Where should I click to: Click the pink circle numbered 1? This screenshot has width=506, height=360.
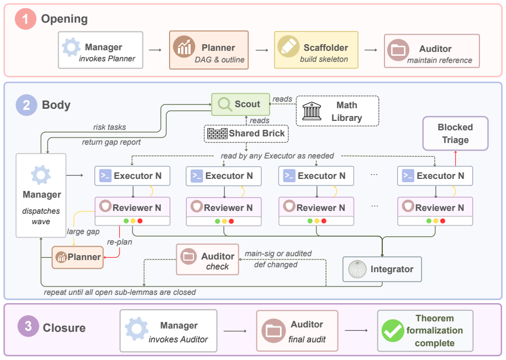pyautogui.click(x=25, y=19)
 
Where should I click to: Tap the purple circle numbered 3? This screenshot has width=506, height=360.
pyautogui.click(x=28, y=326)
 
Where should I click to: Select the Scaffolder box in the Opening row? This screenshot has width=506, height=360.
pyautogui.click(x=316, y=50)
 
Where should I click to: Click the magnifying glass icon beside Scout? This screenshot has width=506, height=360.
pyautogui.click(x=225, y=104)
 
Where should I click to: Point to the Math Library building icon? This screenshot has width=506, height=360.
pyautogui.click(x=312, y=111)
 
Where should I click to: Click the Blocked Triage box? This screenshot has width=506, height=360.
pyautogui.click(x=455, y=133)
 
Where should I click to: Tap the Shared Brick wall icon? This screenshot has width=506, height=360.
pyautogui.click(x=217, y=134)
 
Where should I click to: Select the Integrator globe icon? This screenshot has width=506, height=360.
pyautogui.click(x=357, y=269)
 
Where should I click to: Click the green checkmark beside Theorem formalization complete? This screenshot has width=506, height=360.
pyautogui.click(x=393, y=331)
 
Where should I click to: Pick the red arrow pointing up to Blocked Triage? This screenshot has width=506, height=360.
pyautogui.click(x=455, y=158)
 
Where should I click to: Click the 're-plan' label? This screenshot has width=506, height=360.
pyautogui.click(x=119, y=242)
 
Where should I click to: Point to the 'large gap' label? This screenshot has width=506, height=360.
pyautogui.click(x=83, y=231)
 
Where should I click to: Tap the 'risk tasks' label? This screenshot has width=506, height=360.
pyautogui.click(x=110, y=127)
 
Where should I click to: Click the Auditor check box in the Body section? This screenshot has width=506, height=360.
pyautogui.click(x=208, y=260)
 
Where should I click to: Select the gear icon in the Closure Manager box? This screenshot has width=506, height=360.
pyautogui.click(x=137, y=329)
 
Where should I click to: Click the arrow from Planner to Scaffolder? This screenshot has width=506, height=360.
pyautogui.click(x=262, y=50)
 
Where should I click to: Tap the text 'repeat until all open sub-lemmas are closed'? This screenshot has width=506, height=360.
pyautogui.click(x=120, y=292)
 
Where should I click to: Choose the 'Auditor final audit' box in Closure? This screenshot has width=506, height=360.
pyautogui.click(x=297, y=331)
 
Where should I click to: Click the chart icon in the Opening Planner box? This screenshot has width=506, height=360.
pyautogui.click(x=184, y=47)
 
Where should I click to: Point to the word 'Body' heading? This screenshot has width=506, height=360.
pyautogui.click(x=56, y=105)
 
